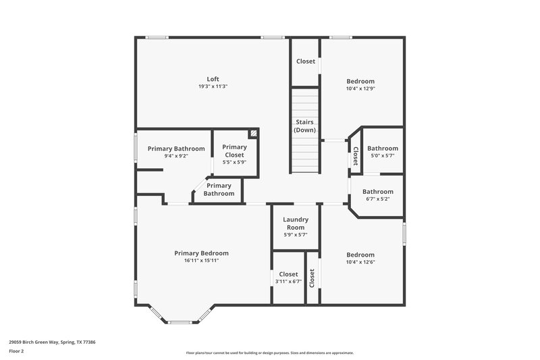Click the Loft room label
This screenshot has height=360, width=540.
pyautogui.click(x=213, y=79)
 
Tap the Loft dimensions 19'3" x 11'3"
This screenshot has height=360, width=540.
pyautogui.click(x=213, y=86)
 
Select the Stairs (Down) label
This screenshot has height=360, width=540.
pyautogui.click(x=305, y=126)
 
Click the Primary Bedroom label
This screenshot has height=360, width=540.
pyautogui.click(x=201, y=253)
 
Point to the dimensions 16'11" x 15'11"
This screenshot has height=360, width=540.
pyautogui.click(x=201, y=260)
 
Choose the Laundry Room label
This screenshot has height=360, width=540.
pyautogui.click(x=296, y=223)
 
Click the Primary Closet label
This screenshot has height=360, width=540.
pyautogui.click(x=234, y=151)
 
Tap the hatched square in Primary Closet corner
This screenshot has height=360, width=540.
pyautogui.click(x=253, y=134)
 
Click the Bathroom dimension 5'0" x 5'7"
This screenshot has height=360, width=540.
pyautogui.click(x=382, y=156)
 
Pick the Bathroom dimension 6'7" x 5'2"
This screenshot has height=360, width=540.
pyautogui.click(x=378, y=199)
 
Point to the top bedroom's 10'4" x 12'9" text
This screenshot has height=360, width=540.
pyautogui.click(x=360, y=88)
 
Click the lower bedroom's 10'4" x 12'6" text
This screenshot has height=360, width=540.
pyautogui.click(x=360, y=262)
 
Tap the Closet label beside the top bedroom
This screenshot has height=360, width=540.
pyautogui.click(x=306, y=61)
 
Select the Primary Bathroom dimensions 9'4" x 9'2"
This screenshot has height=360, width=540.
pyautogui.click(x=176, y=156)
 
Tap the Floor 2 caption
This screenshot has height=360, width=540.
pyautogui.click(x=16, y=351)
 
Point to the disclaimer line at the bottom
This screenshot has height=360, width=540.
pyautogui.click(x=269, y=353)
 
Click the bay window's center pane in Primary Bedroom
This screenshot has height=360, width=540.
pyautogui.click(x=181, y=322)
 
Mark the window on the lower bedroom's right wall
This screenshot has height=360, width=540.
pyautogui.click(x=405, y=234)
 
